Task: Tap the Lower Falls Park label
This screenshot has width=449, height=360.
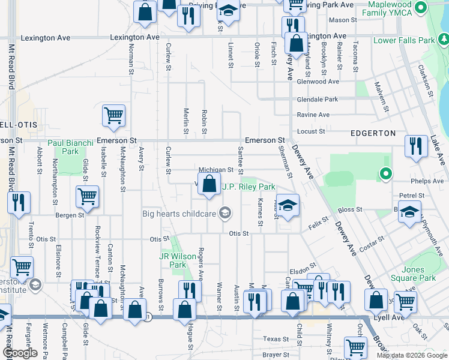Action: pos(404,41)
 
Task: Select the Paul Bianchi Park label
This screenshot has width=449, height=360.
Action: pos(71,147)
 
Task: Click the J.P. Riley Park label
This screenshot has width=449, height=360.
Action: pos(249,187)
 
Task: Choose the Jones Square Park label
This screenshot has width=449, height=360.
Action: pos(418,274)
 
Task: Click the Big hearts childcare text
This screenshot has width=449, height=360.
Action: pos(179,213)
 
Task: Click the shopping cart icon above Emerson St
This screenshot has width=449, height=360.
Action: pos(113,115)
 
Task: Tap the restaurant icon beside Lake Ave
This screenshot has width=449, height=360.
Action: pos(415,146)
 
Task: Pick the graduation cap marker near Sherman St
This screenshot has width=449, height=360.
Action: pos(288,205)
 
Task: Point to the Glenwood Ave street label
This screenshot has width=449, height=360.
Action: pos(318,82)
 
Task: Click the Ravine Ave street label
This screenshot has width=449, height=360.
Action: pos(313,115)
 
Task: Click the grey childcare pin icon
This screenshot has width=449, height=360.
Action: pos(225,212)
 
